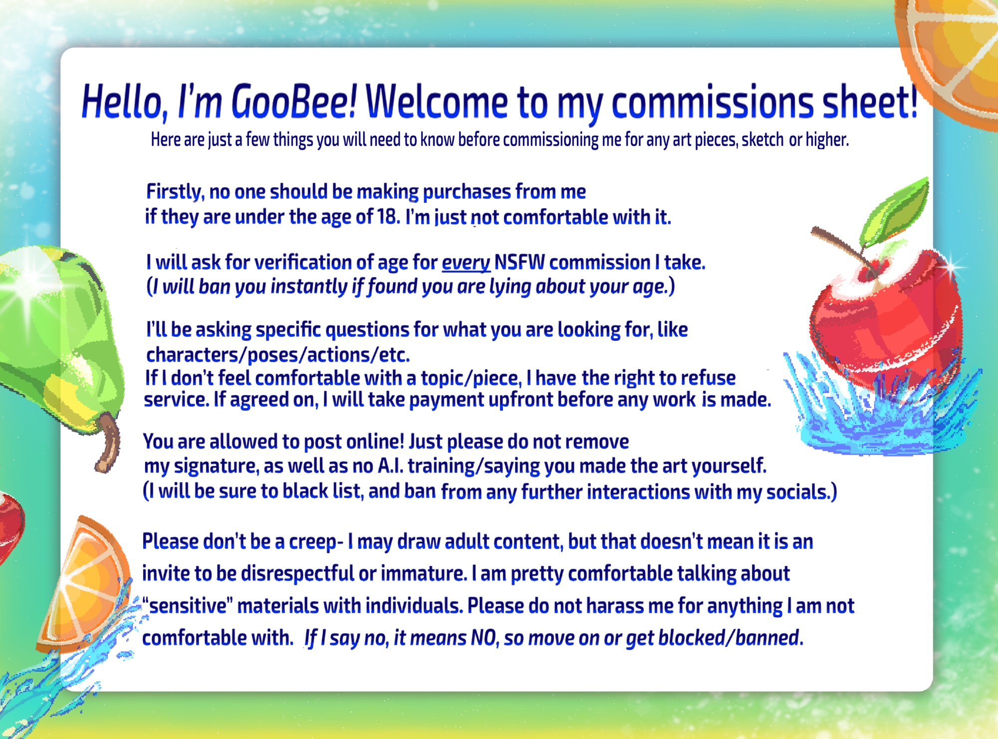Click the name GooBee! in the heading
294,102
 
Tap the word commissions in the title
714,103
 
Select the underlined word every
466,263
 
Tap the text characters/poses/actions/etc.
278,355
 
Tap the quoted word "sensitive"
188,606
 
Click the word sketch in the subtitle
762,140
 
